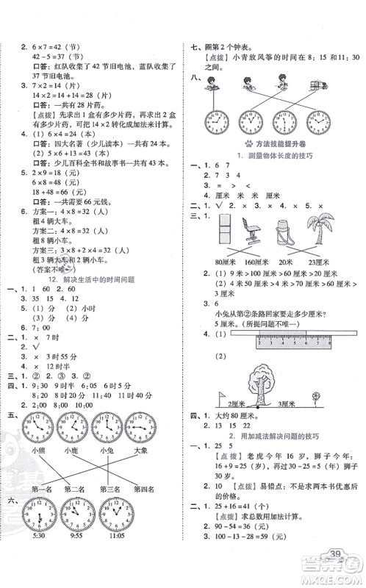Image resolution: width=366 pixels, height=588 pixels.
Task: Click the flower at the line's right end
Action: (317, 398)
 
